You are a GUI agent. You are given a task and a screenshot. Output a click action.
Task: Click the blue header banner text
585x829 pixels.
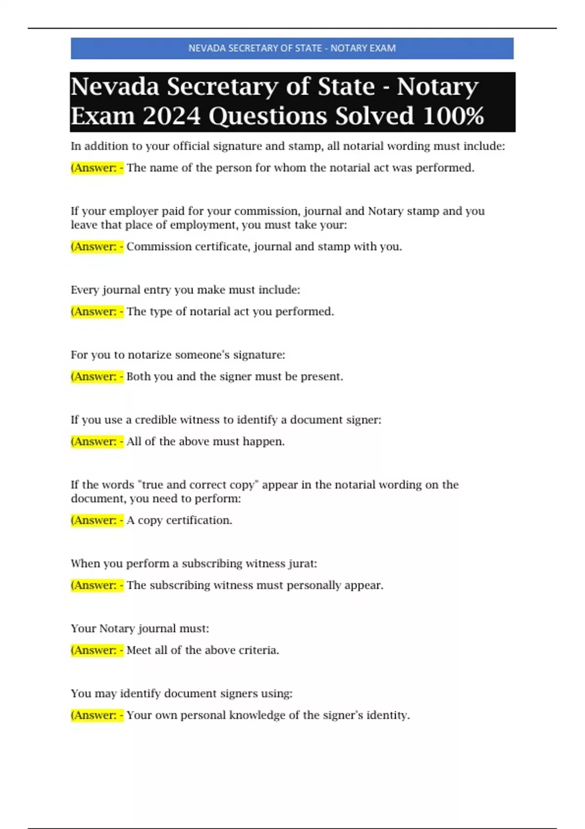point(292,48)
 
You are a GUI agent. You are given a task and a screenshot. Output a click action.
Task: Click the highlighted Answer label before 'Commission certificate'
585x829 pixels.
point(97,247)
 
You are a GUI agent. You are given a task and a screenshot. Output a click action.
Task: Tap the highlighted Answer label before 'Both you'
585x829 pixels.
point(97,376)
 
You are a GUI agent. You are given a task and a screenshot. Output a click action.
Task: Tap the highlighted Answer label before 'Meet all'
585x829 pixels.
point(97,650)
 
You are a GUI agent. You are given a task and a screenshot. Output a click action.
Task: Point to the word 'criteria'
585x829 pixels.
point(258,650)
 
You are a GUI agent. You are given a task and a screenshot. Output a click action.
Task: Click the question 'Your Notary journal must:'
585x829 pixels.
point(140,629)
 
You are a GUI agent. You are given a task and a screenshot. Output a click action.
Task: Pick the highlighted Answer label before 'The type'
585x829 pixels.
point(97,312)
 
